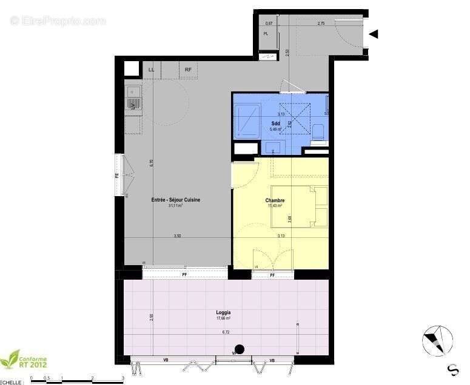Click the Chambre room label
[x=275, y=200]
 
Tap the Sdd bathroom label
[x=275, y=123]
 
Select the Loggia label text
[x=223, y=313]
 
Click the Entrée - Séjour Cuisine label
[x=176, y=200]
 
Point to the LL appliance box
[x=151, y=70]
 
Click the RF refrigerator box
[x=189, y=70]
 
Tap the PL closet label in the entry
[x=266, y=33]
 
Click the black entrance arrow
[x=374, y=34]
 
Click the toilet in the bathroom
[x=320, y=131]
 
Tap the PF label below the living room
[x=184, y=275]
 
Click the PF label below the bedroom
[x=272, y=275]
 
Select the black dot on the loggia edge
[x=240, y=349]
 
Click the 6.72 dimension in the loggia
[x=226, y=332]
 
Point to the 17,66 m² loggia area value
[x=223, y=318]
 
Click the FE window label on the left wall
[x=118, y=176]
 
